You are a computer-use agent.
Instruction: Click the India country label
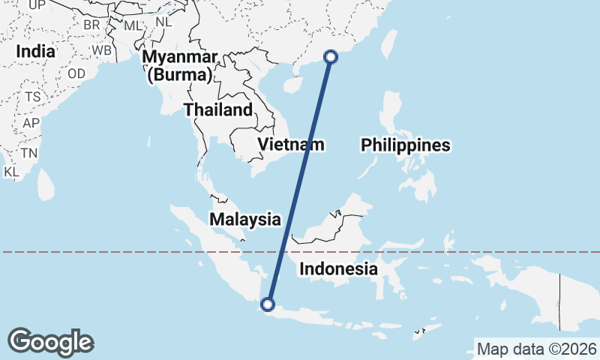36,52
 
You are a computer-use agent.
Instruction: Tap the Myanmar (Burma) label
182,66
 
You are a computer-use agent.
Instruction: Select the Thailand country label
218,110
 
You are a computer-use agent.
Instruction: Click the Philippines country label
406,145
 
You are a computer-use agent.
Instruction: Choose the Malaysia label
245,220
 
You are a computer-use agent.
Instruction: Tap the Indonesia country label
337,268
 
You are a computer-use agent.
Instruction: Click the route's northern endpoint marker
330,56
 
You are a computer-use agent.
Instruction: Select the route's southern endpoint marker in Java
267,304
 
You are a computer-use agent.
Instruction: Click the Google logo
50,342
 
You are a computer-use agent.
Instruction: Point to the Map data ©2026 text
537,349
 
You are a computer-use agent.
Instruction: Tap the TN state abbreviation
29,153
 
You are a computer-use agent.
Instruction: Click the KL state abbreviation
11,172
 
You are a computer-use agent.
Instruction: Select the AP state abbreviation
31,123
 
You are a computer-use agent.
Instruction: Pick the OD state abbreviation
76,73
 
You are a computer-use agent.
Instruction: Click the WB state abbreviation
102,50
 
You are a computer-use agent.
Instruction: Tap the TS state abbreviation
32,97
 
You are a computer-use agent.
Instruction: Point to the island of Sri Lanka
46,184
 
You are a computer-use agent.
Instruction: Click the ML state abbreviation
133,25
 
